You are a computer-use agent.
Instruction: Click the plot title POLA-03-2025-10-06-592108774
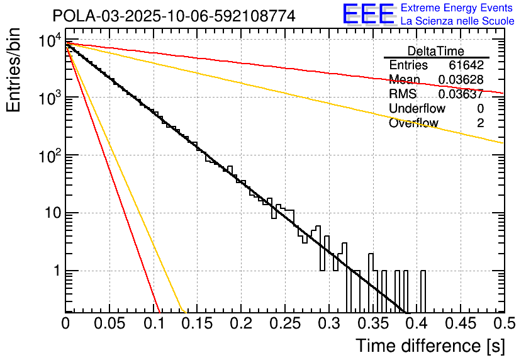pos(174,16)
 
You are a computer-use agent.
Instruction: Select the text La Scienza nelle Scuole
pos(457,21)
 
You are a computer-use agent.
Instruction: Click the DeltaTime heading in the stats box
pos(436,51)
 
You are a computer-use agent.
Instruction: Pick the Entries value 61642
pos(466,65)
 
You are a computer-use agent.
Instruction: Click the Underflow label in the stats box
pos(417,109)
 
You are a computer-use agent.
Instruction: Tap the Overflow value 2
pos(480,123)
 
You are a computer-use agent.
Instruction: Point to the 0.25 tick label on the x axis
pos(284,324)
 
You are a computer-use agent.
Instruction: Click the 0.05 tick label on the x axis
pos(109,324)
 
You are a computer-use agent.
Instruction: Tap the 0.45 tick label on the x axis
pos(460,324)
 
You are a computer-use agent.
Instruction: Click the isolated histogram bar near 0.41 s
pos(423,291)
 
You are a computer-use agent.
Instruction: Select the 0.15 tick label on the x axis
pos(197,324)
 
